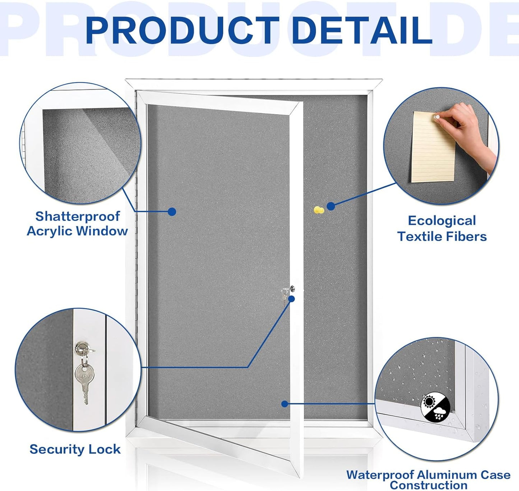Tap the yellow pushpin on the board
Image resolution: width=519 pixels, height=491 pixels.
319,210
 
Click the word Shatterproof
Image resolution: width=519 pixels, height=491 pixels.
78,216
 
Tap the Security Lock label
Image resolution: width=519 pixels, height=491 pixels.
75,449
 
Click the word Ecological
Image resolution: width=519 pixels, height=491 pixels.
442,221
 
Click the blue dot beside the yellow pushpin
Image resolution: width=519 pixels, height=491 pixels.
331,206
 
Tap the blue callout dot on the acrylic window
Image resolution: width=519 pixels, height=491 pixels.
172,212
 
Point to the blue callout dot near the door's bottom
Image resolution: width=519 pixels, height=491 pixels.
284,404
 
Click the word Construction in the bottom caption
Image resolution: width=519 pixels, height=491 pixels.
428,485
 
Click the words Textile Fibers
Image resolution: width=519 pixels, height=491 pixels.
442,236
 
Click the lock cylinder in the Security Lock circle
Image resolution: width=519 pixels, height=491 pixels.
81,347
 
